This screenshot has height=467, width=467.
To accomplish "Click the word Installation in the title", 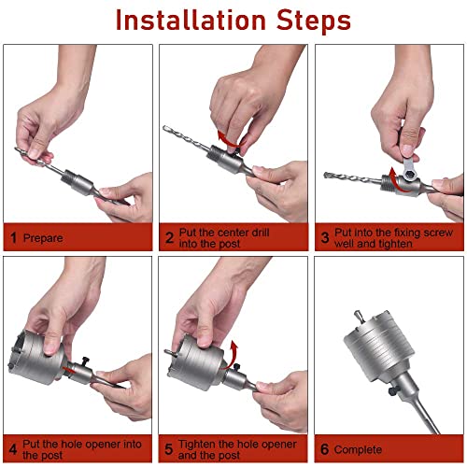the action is tap(191, 21).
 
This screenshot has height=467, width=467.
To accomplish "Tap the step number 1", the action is tap(13, 238).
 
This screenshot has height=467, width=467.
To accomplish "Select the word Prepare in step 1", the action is tap(43, 238).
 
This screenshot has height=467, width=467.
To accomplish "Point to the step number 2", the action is tap(169, 238).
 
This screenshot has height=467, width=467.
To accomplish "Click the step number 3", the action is tap(325, 238).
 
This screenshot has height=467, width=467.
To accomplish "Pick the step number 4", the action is tap(13, 449).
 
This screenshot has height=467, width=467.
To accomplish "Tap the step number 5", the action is tap(168, 449).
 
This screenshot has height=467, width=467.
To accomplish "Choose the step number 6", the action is tap(324, 449).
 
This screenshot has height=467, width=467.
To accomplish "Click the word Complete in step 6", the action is tap(358, 450).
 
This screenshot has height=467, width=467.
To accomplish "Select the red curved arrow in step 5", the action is tap(232, 355).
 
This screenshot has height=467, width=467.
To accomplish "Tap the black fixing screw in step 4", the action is tap(84, 361).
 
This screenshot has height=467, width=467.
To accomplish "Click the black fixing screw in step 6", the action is tap(393, 391).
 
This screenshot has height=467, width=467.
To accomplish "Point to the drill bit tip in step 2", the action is tap(164, 127).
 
